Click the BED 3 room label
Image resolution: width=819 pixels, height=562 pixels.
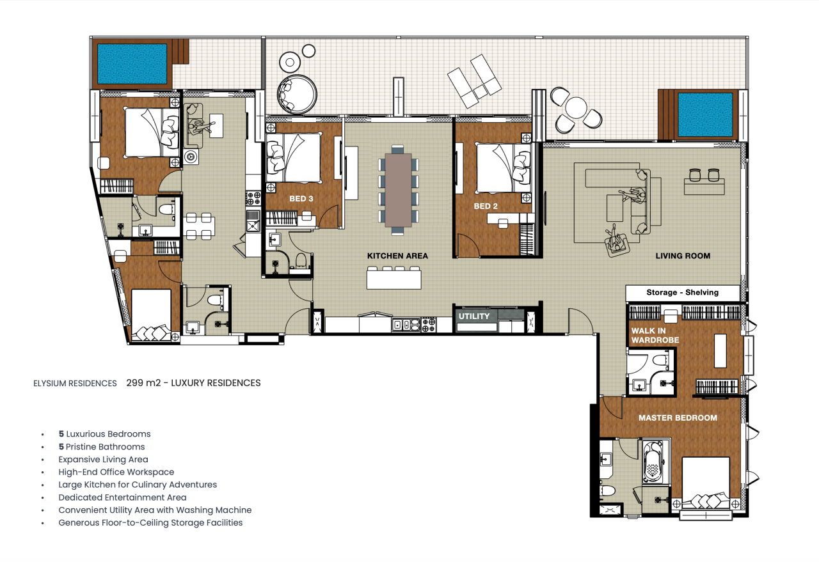coord(301,199)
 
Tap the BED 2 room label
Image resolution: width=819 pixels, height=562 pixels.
coord(486,206)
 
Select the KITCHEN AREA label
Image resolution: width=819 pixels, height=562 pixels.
coord(397,256)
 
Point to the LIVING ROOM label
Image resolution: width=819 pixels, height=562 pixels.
coord(683,256)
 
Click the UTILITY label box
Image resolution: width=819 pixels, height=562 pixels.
coord(474,316)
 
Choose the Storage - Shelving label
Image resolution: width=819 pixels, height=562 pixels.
coord(682,292)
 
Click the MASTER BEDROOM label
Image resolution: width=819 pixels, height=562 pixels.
coord(678,418)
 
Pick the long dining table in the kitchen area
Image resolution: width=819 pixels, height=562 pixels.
coord(398,191)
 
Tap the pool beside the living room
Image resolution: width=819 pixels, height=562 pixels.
coord(704,114)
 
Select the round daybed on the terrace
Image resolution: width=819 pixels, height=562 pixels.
coord(296,94)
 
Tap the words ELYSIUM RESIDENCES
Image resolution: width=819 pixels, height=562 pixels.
coord(75,384)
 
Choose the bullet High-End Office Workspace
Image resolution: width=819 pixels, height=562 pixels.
coord(116,472)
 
